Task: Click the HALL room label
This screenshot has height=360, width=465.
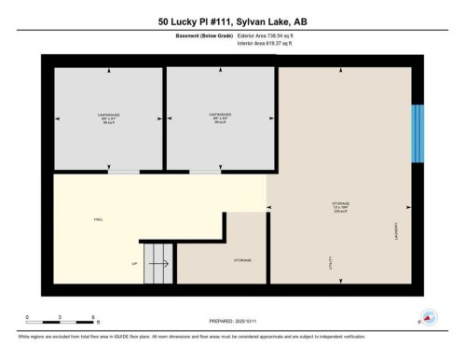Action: [x=98, y=219]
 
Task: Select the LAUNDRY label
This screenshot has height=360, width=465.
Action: [x=396, y=228]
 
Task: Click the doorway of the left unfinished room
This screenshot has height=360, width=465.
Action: [x=123, y=173]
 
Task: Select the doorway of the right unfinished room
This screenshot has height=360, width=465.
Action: [x=205, y=173]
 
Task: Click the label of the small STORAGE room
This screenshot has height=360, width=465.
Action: [x=242, y=260]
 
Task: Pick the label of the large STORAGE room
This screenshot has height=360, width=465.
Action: [x=341, y=204]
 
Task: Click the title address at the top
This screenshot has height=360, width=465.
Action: [x=232, y=21]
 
